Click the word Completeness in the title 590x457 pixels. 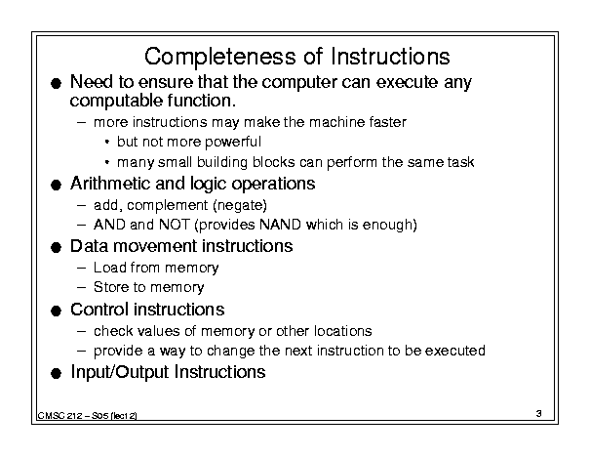(x=220, y=58)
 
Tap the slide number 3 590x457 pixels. (x=539, y=413)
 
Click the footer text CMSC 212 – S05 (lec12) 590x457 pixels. (x=88, y=416)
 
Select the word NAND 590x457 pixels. (x=280, y=225)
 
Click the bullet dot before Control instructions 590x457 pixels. (x=56, y=312)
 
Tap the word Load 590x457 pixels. (x=109, y=268)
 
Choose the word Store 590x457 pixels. (x=111, y=287)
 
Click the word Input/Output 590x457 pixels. (x=120, y=372)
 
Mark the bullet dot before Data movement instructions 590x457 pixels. (x=56, y=248)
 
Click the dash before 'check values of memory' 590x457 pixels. (x=81, y=332)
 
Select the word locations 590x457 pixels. (x=343, y=331)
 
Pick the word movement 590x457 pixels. (x=155, y=246)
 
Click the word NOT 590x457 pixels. (x=175, y=225)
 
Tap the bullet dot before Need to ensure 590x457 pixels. (x=56, y=84)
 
